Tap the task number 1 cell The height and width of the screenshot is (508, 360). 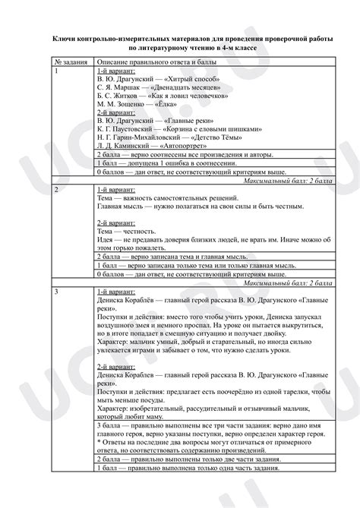(x=56, y=70)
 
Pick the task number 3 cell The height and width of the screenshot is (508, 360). (x=56, y=292)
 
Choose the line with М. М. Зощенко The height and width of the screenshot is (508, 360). (x=137, y=105)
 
